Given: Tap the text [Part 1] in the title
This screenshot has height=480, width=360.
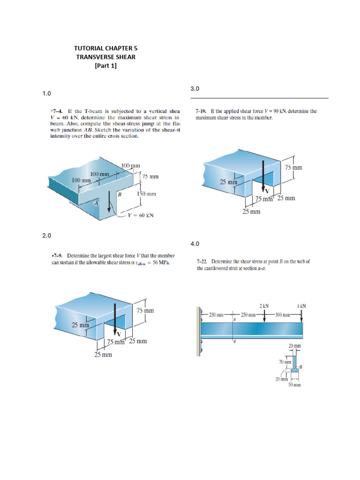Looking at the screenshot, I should click(105, 66).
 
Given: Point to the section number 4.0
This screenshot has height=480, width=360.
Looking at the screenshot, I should click(195, 244).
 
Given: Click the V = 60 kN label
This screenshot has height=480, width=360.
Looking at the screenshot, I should click(141, 216).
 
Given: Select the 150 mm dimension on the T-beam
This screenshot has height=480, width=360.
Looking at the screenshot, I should click(146, 194).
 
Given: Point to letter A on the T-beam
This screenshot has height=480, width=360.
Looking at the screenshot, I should click(97, 203).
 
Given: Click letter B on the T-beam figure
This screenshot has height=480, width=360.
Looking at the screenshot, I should click(120, 194).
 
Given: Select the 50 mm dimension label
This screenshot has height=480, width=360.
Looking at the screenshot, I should click(294, 385).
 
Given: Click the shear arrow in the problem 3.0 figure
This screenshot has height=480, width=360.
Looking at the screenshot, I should click(263, 175).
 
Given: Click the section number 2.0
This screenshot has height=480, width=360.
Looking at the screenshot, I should click(46, 236).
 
